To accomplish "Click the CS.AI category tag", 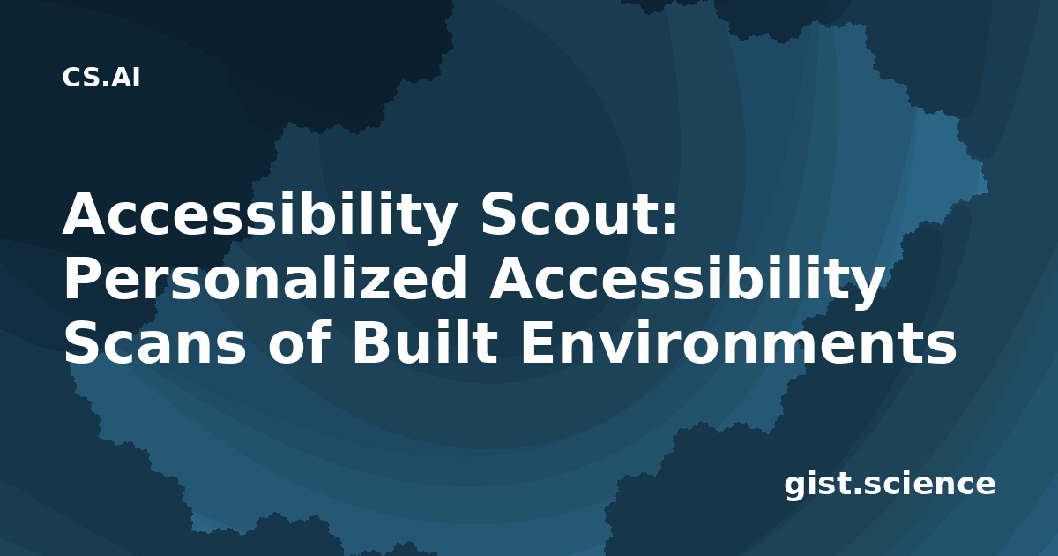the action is coord(101,78).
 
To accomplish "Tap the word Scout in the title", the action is coord(571,214).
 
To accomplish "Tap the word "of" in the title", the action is coord(297,342).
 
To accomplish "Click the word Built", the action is coord(425,342).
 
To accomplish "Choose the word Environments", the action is coord(738,342).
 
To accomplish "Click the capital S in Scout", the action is coord(501,214).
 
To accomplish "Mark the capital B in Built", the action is coord(372,342).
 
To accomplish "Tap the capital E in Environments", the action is coord(538,342).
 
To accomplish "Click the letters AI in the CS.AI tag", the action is coord(125,78).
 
